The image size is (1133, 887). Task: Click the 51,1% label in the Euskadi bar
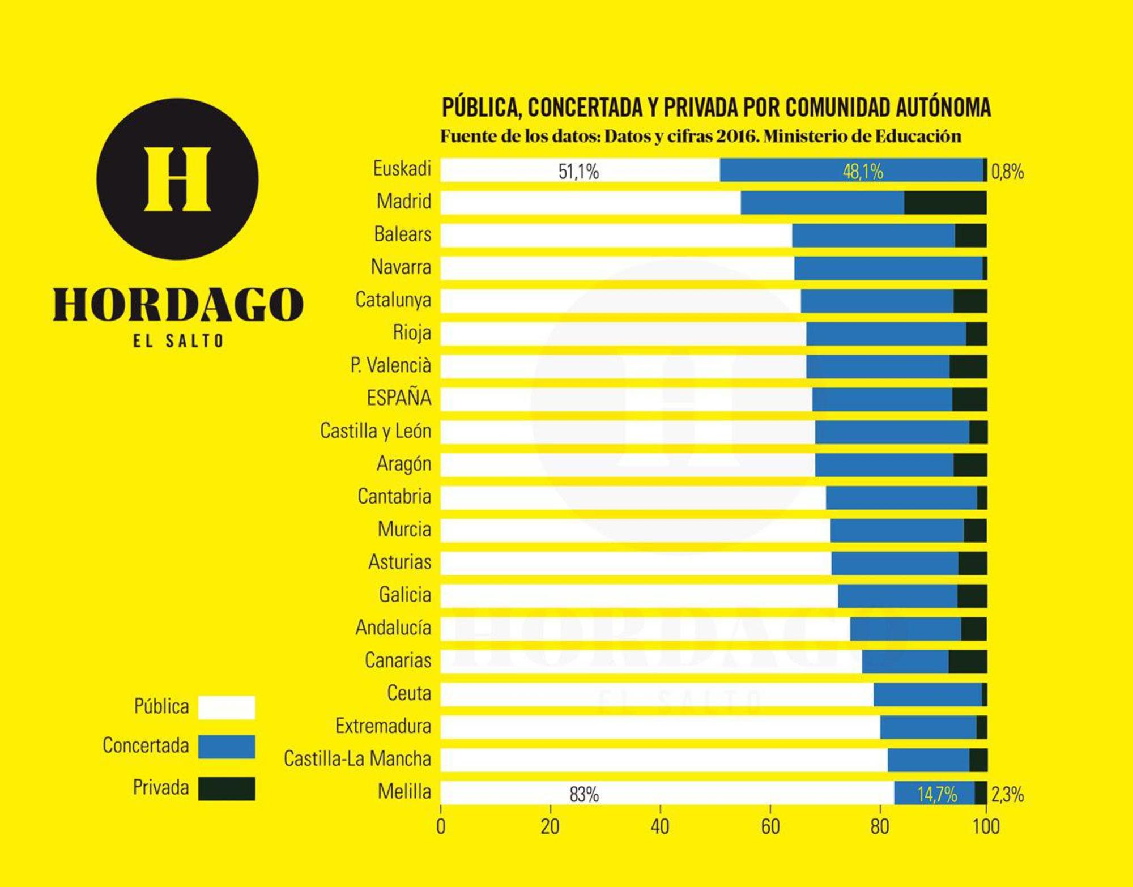click(578, 172)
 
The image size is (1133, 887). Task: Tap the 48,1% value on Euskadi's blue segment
click(863, 172)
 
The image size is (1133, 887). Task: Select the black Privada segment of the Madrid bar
click(945, 203)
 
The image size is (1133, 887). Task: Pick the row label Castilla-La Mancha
click(357, 759)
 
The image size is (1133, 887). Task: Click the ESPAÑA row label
click(399, 398)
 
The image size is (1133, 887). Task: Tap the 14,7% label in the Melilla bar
click(937, 795)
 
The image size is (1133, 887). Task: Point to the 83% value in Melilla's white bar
click(584, 795)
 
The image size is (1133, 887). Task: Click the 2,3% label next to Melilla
click(1007, 795)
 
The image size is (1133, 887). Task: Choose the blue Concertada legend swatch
click(227, 747)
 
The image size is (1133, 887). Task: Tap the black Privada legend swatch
click(227, 788)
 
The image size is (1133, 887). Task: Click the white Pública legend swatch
click(227, 707)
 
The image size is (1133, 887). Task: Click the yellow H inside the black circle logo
click(177, 179)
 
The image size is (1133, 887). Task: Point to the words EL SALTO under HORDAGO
click(178, 341)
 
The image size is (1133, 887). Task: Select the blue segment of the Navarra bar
click(888, 268)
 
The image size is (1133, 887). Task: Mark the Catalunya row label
click(393, 300)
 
